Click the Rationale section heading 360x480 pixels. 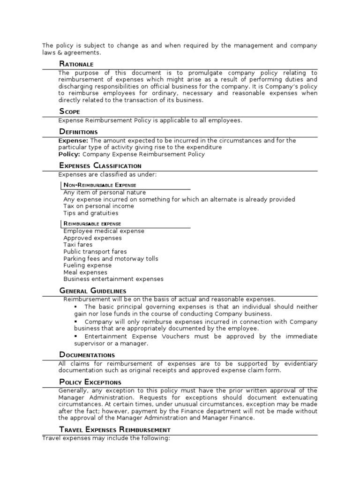76,64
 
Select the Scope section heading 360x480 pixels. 69,112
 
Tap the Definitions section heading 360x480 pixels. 78,132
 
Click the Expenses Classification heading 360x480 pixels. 100,165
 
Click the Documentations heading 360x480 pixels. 87,354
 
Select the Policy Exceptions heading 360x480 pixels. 90,382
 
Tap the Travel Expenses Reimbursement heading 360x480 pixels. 115,429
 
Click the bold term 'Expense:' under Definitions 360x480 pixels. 73,141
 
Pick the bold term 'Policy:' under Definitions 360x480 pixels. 69,154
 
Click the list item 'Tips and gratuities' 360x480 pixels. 91,213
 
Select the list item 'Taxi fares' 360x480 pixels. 78,245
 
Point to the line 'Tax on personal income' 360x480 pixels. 97,206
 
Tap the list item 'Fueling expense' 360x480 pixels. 87,265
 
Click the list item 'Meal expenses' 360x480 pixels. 85,272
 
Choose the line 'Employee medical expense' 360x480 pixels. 104,231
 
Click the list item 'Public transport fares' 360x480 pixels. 95,252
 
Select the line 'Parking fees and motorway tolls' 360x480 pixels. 111,259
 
